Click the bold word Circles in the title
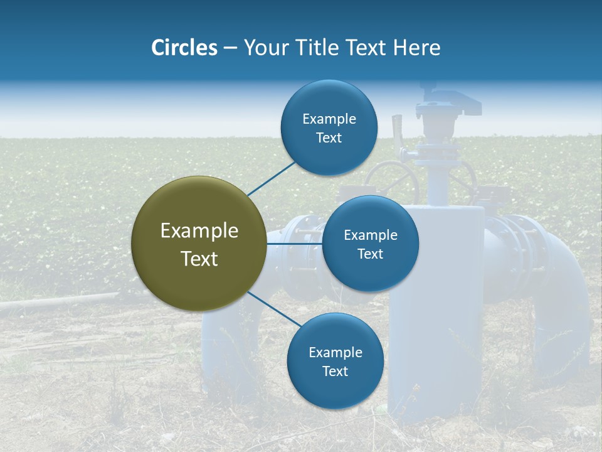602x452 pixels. (x=184, y=48)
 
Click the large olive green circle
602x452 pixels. (x=199, y=244)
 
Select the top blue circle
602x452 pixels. (x=329, y=128)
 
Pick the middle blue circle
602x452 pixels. (x=371, y=244)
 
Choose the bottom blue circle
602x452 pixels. (x=335, y=362)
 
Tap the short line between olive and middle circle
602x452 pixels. (x=295, y=243)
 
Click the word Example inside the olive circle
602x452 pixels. (x=199, y=230)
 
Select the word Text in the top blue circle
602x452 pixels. (x=329, y=138)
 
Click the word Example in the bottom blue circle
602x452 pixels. (x=335, y=352)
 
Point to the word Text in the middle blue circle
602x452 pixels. (x=371, y=254)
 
